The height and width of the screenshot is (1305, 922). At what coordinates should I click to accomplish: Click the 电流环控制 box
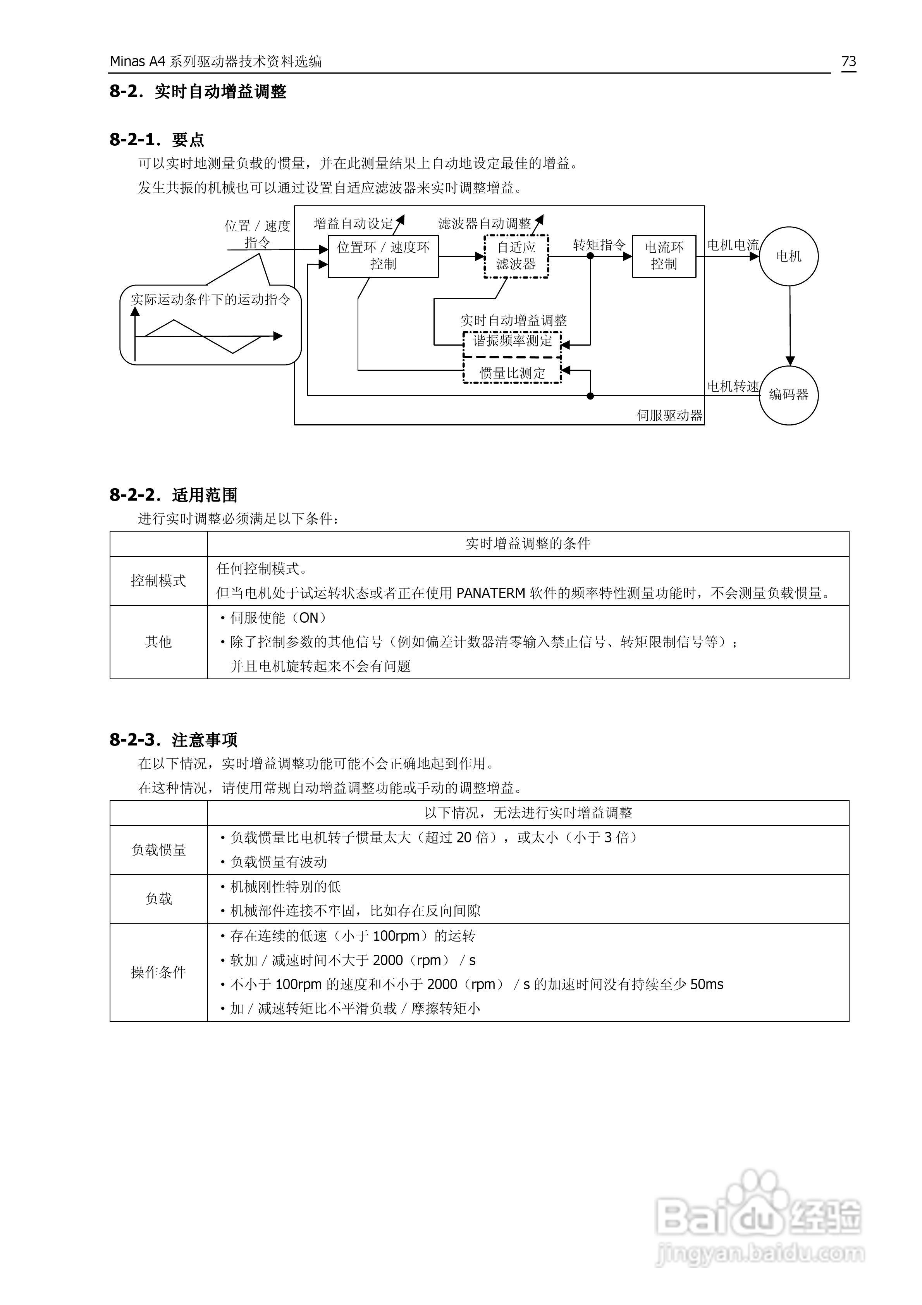coord(664,256)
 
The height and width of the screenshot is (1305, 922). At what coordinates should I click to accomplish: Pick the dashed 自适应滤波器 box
coord(516,256)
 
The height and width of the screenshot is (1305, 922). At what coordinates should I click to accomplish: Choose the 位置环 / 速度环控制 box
coord(383,256)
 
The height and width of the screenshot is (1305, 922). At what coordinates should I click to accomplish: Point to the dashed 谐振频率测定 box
coord(512,341)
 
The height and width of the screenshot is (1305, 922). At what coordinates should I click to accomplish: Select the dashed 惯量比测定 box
coord(512,373)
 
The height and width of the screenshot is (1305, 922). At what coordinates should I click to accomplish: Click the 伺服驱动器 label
coord(669,415)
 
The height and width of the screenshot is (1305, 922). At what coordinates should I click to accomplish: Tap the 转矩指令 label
coord(599,245)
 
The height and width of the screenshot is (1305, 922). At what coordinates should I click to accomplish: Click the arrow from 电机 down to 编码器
coord(790,324)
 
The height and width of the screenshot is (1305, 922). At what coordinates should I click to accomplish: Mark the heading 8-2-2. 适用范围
coord(174,495)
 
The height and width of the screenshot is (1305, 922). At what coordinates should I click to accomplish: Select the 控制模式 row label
coord(158,580)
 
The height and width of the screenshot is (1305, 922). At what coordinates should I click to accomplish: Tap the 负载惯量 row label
coord(158,850)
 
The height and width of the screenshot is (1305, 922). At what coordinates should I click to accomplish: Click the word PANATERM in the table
coord(490,593)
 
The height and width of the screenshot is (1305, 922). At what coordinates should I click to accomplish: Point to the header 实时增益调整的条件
coord(528,544)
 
